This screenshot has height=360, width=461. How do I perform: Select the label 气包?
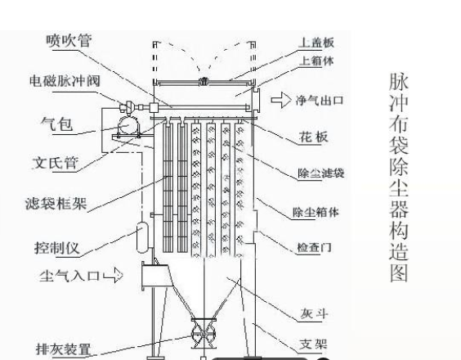coord(60,125)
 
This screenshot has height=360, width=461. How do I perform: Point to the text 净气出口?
coord(320,101)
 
